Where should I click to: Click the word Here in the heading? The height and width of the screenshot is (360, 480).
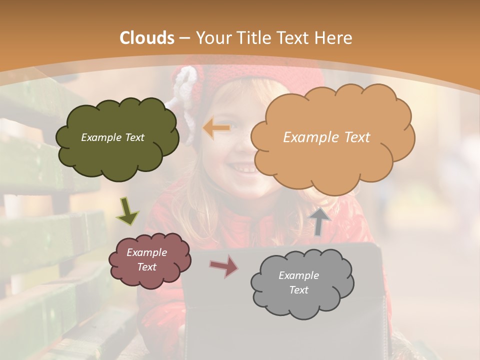click(334, 38)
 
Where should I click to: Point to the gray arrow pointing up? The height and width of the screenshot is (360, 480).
click(320, 221)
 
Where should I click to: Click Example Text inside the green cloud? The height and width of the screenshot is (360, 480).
click(112, 137)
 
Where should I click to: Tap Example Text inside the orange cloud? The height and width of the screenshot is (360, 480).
click(326, 137)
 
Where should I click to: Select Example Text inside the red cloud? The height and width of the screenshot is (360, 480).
click(146, 260)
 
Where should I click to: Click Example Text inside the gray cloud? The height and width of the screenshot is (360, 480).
click(298, 282)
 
